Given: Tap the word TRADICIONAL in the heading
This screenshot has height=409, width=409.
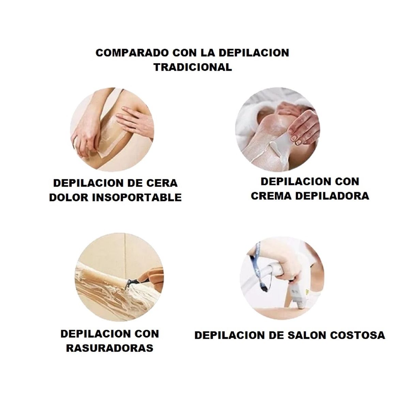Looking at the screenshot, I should pos(193,67).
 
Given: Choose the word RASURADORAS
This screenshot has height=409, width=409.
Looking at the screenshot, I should pos(109,348).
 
